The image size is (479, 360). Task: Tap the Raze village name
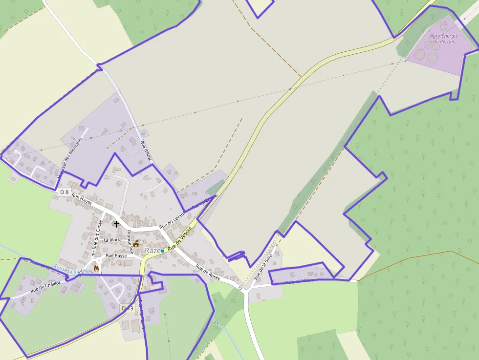152,251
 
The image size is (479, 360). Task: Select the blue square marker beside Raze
163,251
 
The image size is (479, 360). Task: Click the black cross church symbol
116,224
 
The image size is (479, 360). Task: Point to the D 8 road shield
65,192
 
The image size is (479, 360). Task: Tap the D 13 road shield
128,308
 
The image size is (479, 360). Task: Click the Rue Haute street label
82,198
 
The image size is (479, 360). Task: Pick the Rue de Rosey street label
208,273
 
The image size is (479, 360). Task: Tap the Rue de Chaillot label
45,287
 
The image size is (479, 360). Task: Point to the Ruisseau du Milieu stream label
74,269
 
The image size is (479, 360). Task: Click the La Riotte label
112,240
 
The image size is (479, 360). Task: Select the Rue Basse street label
116,255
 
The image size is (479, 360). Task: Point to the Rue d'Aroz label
146,151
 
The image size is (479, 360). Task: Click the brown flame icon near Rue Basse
96,268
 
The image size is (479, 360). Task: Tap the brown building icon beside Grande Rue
136,244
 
